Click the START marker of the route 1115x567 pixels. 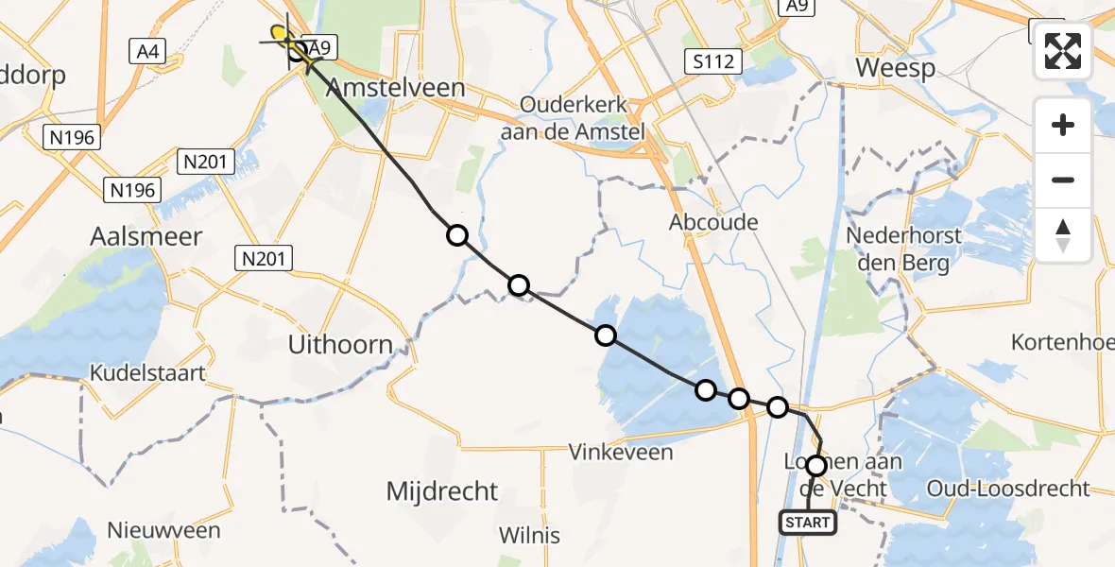(807, 523)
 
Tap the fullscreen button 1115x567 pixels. (1063, 50)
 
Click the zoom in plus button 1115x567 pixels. (1063, 125)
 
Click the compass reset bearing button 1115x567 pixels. (1063, 235)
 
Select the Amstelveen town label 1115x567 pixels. (396, 88)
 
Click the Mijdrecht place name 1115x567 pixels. (442, 491)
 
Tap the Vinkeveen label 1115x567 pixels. (621, 453)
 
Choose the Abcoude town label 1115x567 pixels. (713, 222)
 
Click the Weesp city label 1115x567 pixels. (895, 68)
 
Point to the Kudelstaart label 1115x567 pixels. (147, 372)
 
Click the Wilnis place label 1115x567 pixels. (530, 536)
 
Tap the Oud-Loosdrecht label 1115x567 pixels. (1008, 489)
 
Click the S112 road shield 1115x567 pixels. (713, 63)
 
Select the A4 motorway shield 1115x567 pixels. (147, 52)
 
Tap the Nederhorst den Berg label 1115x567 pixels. (904, 249)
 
